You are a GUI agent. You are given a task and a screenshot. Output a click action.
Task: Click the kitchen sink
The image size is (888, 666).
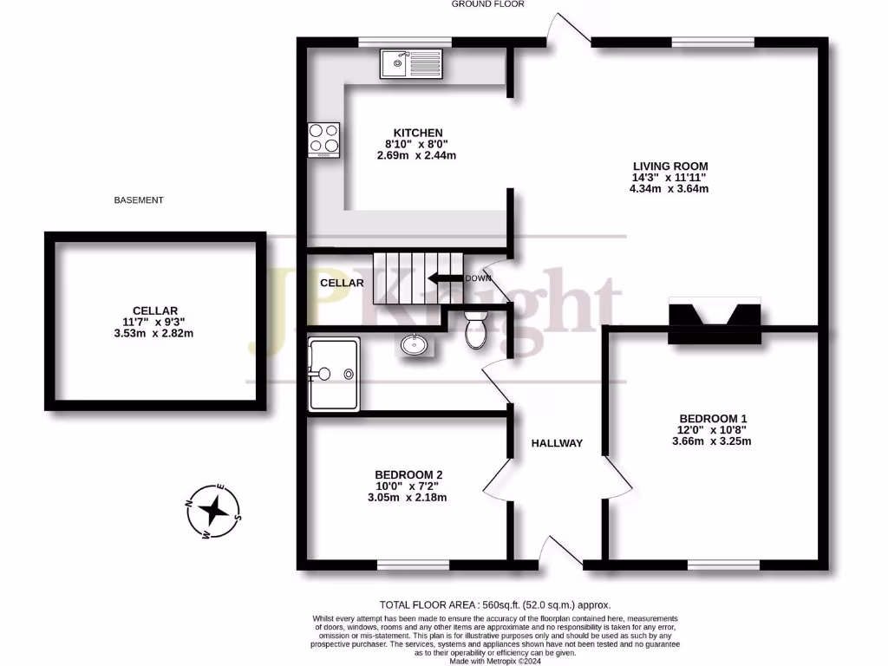point(411,63)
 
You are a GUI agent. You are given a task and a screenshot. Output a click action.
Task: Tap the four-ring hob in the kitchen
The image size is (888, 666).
point(323,140)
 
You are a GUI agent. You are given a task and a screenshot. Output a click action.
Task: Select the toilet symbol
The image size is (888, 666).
point(475,330)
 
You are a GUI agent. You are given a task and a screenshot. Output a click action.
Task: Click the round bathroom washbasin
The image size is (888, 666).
point(415,345)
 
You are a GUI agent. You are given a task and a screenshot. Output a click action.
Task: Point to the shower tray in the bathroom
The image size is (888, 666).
point(334,375)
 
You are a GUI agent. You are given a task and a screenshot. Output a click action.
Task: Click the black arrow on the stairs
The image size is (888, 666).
point(444,278)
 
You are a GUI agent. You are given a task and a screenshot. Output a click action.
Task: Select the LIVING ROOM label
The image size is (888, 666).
point(670,166)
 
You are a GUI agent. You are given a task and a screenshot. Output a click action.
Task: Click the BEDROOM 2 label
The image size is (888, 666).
point(408,474)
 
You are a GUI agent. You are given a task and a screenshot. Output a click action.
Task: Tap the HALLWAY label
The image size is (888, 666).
point(557,443)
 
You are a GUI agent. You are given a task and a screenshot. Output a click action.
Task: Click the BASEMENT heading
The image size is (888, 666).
point(139,200)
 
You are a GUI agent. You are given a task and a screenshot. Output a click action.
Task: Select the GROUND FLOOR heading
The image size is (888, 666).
point(487,4)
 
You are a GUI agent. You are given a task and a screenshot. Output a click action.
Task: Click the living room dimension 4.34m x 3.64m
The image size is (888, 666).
point(670,189)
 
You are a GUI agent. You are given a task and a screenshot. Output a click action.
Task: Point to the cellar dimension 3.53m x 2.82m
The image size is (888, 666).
point(155,334)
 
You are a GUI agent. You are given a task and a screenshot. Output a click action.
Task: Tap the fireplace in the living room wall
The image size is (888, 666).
point(715,314)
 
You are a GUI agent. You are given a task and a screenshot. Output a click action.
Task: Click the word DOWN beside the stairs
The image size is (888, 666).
point(478,278)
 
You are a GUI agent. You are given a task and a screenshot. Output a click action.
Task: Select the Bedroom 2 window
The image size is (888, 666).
point(413,565)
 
